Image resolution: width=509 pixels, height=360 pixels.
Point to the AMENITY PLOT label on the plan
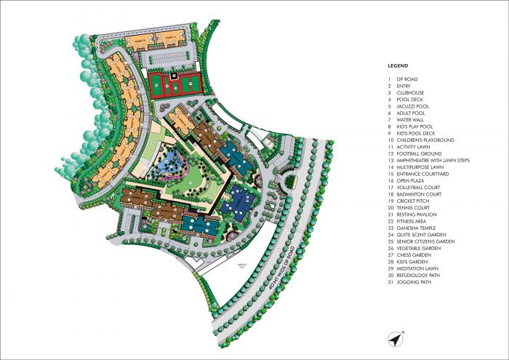(x=241, y=266)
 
